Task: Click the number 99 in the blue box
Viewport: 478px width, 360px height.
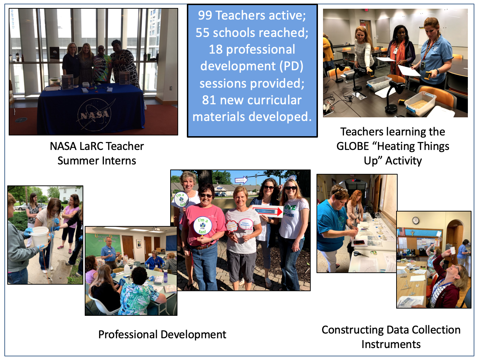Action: coord(205,16)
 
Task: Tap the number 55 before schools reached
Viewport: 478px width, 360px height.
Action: coord(202,33)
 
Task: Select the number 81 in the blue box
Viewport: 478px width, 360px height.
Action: coord(209,100)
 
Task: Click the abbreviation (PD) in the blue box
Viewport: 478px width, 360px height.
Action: coord(292,66)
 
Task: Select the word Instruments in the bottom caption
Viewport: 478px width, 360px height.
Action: coord(391,344)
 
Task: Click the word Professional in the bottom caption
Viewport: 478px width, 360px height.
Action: coord(128,335)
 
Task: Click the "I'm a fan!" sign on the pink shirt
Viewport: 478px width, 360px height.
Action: coord(203,226)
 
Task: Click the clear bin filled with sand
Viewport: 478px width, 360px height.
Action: coord(420,104)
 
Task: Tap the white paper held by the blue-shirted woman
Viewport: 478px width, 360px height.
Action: coord(408,70)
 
